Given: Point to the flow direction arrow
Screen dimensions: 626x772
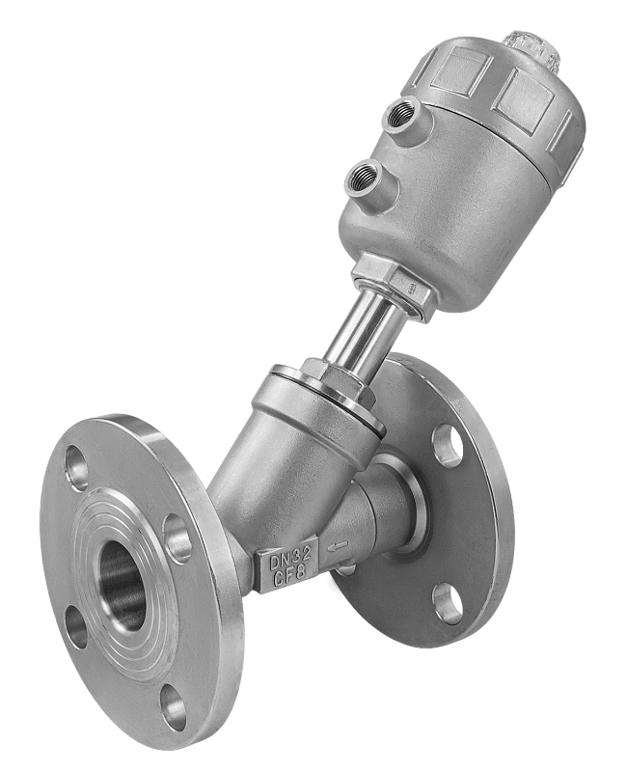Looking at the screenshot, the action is [x=339, y=545].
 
